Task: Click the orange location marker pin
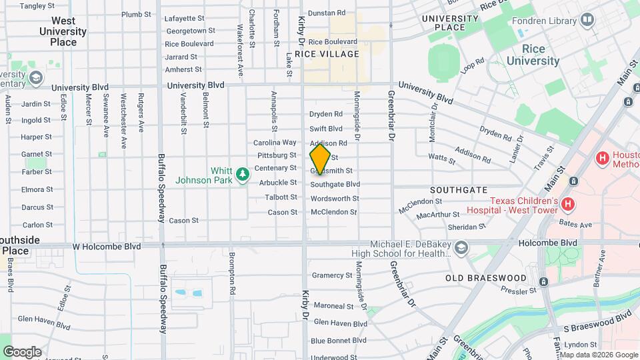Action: [320, 159]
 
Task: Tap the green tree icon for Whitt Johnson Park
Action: [243, 175]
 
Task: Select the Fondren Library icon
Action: [587, 21]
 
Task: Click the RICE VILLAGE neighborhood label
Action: [331, 54]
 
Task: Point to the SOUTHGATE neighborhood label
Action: [459, 190]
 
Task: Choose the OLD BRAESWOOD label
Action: [486, 278]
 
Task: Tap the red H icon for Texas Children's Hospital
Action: [568, 204]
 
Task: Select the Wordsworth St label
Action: [335, 198]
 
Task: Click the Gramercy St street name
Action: [332, 275]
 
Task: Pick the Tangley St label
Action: [37, 6]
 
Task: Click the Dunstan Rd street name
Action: [327, 13]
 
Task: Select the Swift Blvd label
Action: [326, 129]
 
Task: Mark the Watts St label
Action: [441, 159]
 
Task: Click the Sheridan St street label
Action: [467, 227]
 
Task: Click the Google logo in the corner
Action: [22, 351]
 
